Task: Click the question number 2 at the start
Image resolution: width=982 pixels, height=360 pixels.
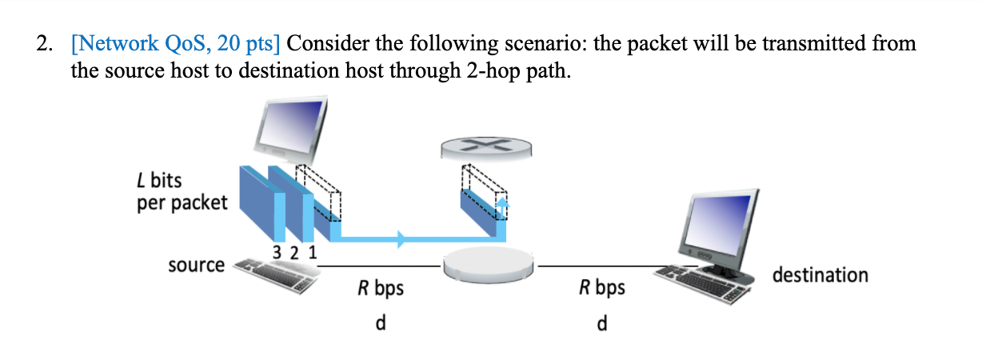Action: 42,43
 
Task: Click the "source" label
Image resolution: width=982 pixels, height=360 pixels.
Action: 196,265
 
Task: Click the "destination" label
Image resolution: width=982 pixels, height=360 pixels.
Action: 820,275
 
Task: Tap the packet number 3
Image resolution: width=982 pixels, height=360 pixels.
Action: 277,252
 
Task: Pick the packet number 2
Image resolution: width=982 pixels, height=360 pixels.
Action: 294,252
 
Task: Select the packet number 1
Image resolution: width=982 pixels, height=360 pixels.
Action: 312,252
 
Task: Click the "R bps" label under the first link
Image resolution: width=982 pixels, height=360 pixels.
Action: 381,288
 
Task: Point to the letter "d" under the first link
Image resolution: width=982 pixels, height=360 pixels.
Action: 381,323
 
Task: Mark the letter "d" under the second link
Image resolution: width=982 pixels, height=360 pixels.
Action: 602,323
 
